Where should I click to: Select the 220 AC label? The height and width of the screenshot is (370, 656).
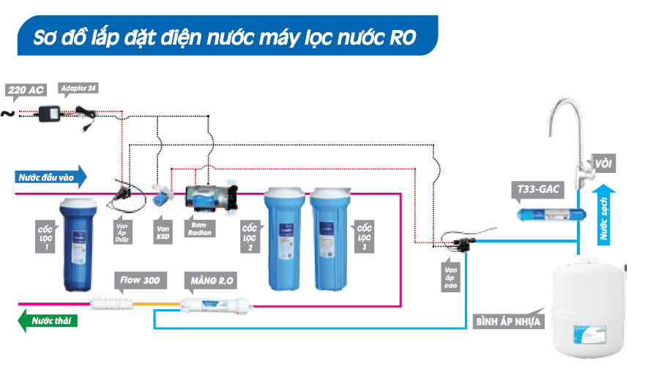coord(26,90)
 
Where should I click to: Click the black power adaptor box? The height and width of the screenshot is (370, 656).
coord(51,114)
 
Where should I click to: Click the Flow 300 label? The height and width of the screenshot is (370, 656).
coord(142,279)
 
